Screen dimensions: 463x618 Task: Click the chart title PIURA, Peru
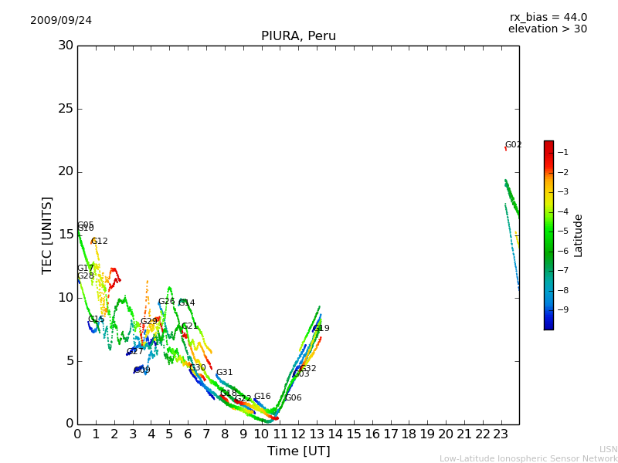click(x=298, y=36)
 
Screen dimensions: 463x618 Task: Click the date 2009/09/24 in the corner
click(x=61, y=21)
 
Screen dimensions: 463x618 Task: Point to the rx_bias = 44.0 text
click(x=548, y=18)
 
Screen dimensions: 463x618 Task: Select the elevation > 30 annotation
click(x=548, y=29)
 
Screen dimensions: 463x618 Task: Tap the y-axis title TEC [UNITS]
click(x=47, y=235)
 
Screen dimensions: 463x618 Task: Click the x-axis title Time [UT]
click(x=298, y=451)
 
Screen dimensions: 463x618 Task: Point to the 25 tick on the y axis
click(x=65, y=109)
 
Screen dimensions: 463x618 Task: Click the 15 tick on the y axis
click(x=65, y=235)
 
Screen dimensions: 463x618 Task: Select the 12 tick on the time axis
click(x=298, y=434)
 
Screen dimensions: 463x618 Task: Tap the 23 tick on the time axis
click(x=501, y=434)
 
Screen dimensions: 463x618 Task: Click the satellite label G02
click(x=514, y=145)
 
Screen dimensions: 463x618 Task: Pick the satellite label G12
click(x=100, y=242)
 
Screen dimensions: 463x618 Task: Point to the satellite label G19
click(x=321, y=329)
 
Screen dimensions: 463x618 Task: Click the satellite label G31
click(x=224, y=373)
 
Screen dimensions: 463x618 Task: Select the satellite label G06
click(x=294, y=398)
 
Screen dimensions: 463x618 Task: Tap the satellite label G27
click(x=135, y=352)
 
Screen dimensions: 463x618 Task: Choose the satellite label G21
click(x=190, y=326)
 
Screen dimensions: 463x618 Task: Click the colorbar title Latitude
click(x=579, y=235)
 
